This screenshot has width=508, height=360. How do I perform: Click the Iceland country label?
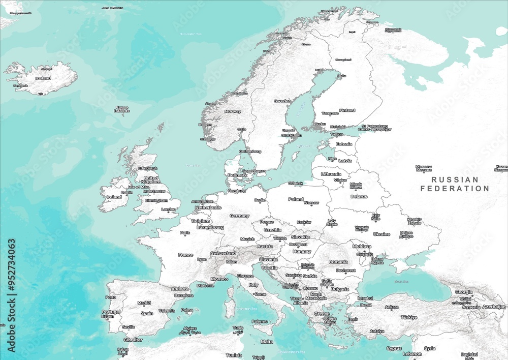click(43, 78)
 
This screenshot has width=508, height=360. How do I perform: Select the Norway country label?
click(233, 111)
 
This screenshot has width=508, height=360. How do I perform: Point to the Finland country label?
click(347, 110)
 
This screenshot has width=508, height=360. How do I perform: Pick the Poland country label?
click(296, 199)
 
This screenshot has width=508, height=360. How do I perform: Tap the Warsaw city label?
click(311, 203)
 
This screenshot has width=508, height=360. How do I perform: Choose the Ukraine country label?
click(382, 234)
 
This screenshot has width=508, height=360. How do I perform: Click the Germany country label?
click(239, 216)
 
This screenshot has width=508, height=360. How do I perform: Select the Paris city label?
click(185, 232)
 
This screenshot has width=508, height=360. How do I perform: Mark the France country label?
click(185, 255)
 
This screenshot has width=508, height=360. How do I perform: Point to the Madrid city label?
click(144, 303)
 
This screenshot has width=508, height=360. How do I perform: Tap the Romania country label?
click(338, 262)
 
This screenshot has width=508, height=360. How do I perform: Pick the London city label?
click(168, 209)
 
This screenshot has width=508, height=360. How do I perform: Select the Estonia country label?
click(344, 144)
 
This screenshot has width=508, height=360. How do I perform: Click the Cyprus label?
click(394, 349)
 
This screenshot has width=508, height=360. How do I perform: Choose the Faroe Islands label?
click(122, 109)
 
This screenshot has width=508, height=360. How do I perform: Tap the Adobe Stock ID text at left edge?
click(11, 295)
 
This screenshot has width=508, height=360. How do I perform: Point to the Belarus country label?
click(359, 196)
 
